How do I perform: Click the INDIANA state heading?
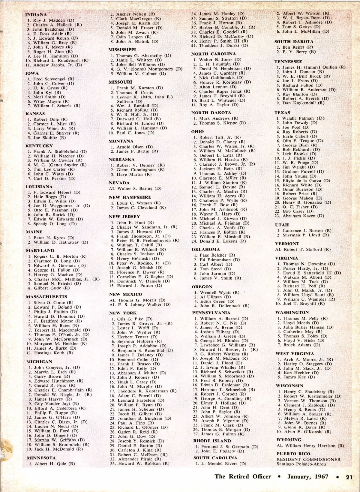[36, 15]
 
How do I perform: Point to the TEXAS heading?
[282, 112]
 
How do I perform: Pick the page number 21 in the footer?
[349, 477]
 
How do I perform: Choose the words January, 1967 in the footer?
[308, 477]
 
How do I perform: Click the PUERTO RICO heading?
[293, 454]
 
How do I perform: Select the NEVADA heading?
[119, 183]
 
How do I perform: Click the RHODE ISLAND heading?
[212, 441]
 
